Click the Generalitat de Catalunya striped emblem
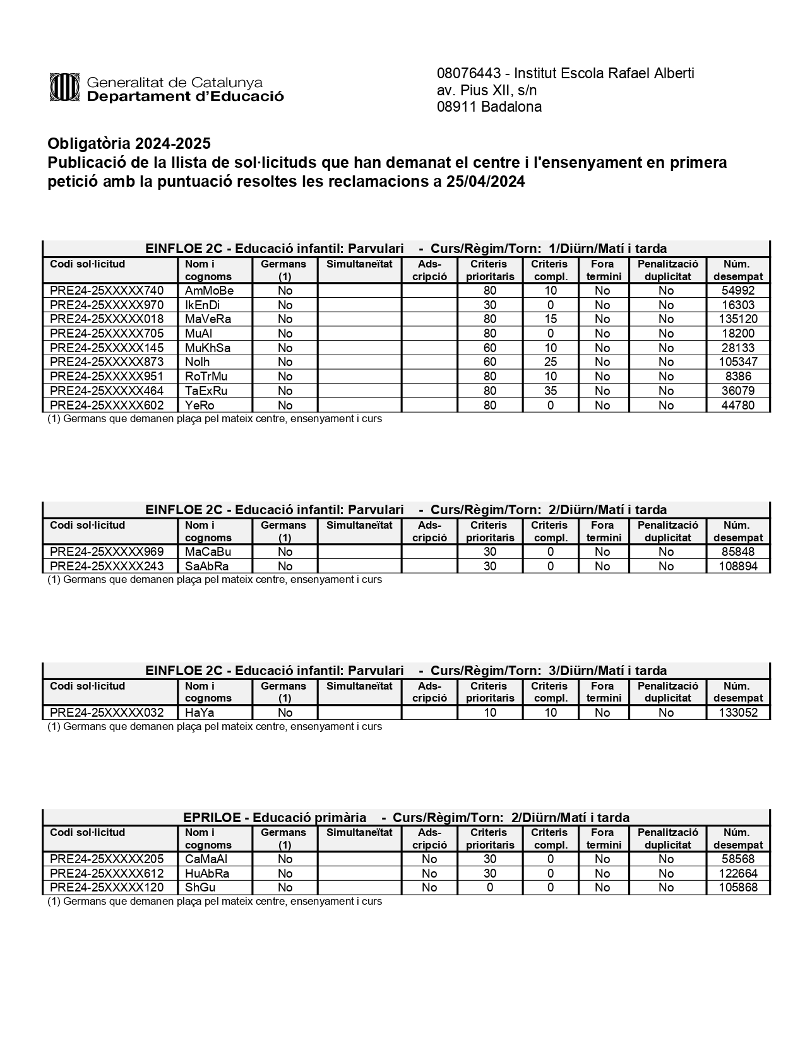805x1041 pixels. pyautogui.click(x=64, y=87)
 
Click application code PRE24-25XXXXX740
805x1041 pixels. pyautogui.click(x=107, y=291)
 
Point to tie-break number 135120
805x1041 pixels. pyautogui.click(x=737, y=319)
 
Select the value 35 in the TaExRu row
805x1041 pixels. pyautogui.click(x=550, y=391)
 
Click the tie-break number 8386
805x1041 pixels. pyautogui.click(x=737, y=377)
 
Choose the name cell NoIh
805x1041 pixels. pyautogui.click(x=197, y=362)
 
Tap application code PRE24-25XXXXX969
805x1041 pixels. pyautogui.click(x=107, y=552)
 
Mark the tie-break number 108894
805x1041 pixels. pyautogui.click(x=737, y=567)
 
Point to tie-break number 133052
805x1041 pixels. pyautogui.click(x=737, y=713)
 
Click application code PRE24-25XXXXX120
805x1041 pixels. pyautogui.click(x=107, y=888)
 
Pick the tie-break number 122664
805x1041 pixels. pyautogui.click(x=737, y=874)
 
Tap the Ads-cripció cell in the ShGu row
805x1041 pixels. pyautogui.click(x=429, y=888)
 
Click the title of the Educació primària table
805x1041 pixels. pyautogui.click(x=406, y=818)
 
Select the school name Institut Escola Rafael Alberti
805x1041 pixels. pyautogui.click(x=605, y=73)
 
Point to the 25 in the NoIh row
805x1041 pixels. pyautogui.click(x=550, y=362)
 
